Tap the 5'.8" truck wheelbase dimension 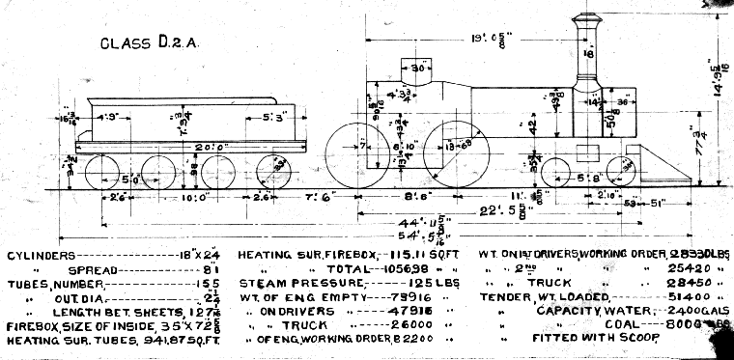(x=588, y=180)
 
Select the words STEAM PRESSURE (x=294, y=284)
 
